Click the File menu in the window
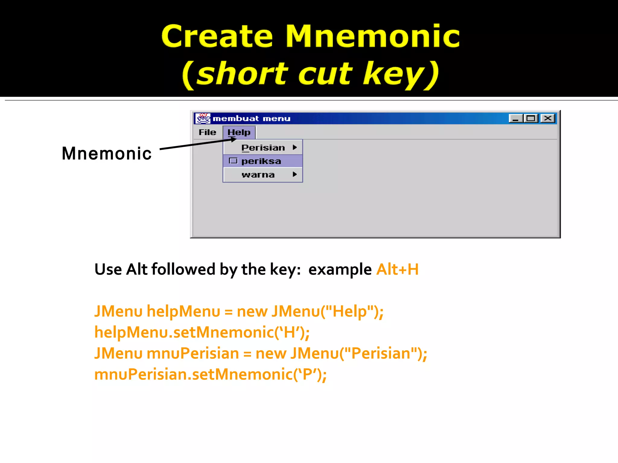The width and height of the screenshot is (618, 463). (x=207, y=132)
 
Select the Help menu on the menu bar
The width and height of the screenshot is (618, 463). (x=239, y=132)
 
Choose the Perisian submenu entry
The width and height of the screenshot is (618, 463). (x=263, y=148)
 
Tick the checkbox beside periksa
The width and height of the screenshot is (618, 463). (x=233, y=161)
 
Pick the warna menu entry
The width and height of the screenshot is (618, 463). (x=258, y=175)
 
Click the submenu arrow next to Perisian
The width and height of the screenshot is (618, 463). (x=295, y=147)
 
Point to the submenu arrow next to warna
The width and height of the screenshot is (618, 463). (x=295, y=175)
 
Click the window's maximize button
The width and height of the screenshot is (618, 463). (x=531, y=118)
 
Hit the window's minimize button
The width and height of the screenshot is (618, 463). (x=516, y=118)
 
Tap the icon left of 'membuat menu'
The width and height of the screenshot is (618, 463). (x=203, y=118)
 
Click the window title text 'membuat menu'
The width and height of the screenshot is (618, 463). (x=251, y=118)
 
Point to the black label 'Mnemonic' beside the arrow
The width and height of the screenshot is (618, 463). (x=106, y=153)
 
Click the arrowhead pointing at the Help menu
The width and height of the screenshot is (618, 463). (x=233, y=139)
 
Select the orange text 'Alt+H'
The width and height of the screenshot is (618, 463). (x=397, y=269)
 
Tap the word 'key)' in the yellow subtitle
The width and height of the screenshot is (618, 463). (x=401, y=74)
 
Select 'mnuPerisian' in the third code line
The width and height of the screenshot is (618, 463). (x=193, y=353)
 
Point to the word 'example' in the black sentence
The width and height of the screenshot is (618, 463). (x=340, y=269)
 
